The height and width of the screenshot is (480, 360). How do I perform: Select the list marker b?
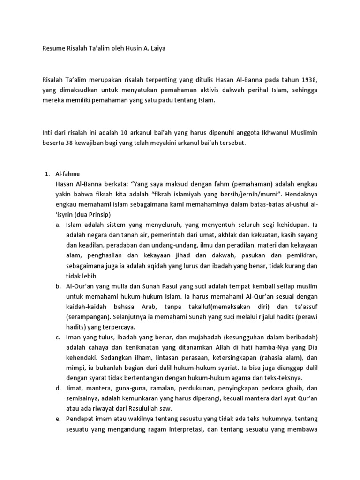pyautogui.click(x=58, y=286)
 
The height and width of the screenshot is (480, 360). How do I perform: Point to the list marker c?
pyautogui.click(x=58, y=337)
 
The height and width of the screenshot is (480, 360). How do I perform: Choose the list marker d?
pyautogui.click(x=58, y=388)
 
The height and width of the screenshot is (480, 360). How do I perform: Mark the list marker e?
pyautogui.click(x=58, y=419)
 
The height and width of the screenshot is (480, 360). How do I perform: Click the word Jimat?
pyautogui.click(x=75, y=388)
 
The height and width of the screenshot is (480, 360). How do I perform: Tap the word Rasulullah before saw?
pyautogui.click(x=136, y=408)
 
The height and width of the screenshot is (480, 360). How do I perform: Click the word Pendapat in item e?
pyautogui.click(x=81, y=419)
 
